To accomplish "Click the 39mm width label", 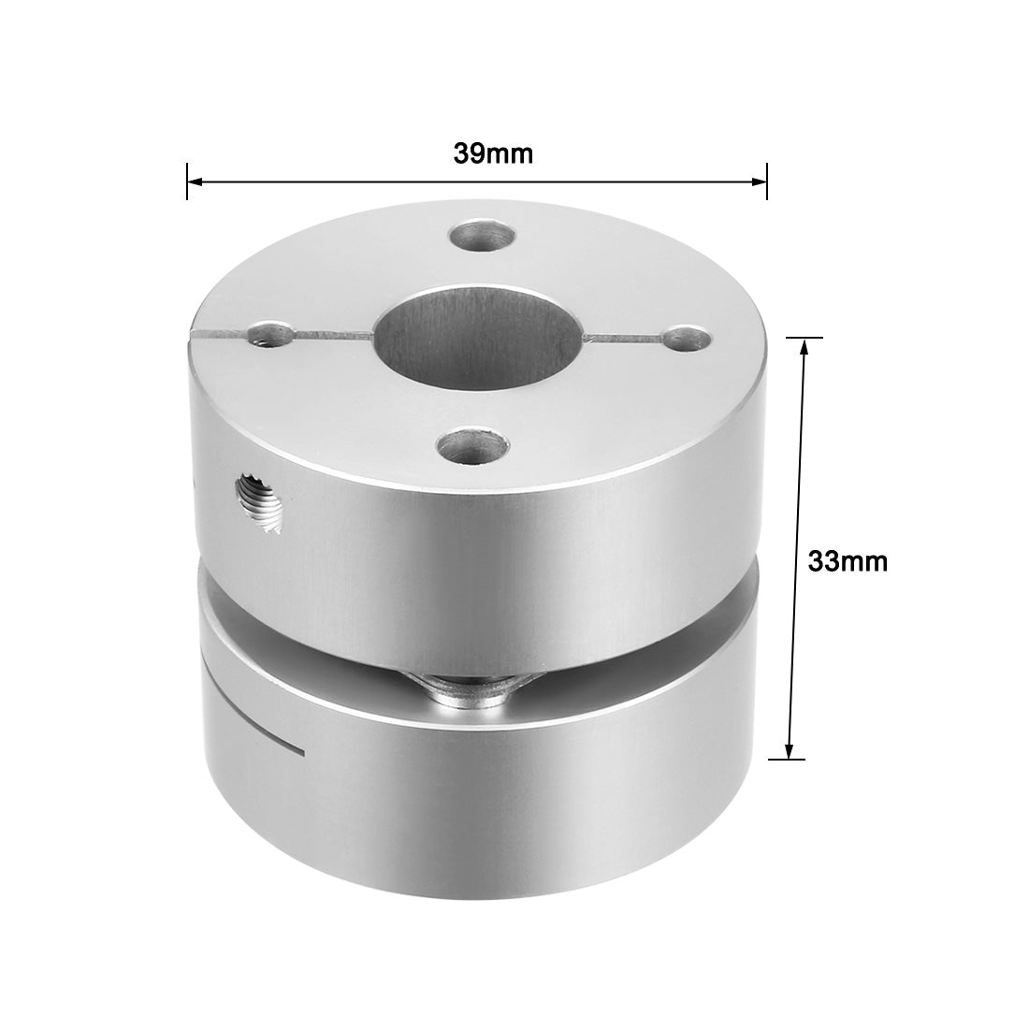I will click(x=493, y=153).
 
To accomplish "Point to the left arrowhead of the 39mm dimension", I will click(x=195, y=181).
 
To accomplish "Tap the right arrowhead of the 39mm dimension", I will click(x=760, y=181).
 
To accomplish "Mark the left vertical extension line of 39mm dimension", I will click(x=187, y=181).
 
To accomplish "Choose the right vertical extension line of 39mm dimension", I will click(x=767, y=181).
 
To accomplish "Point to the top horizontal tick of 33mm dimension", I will click(x=803, y=337).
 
